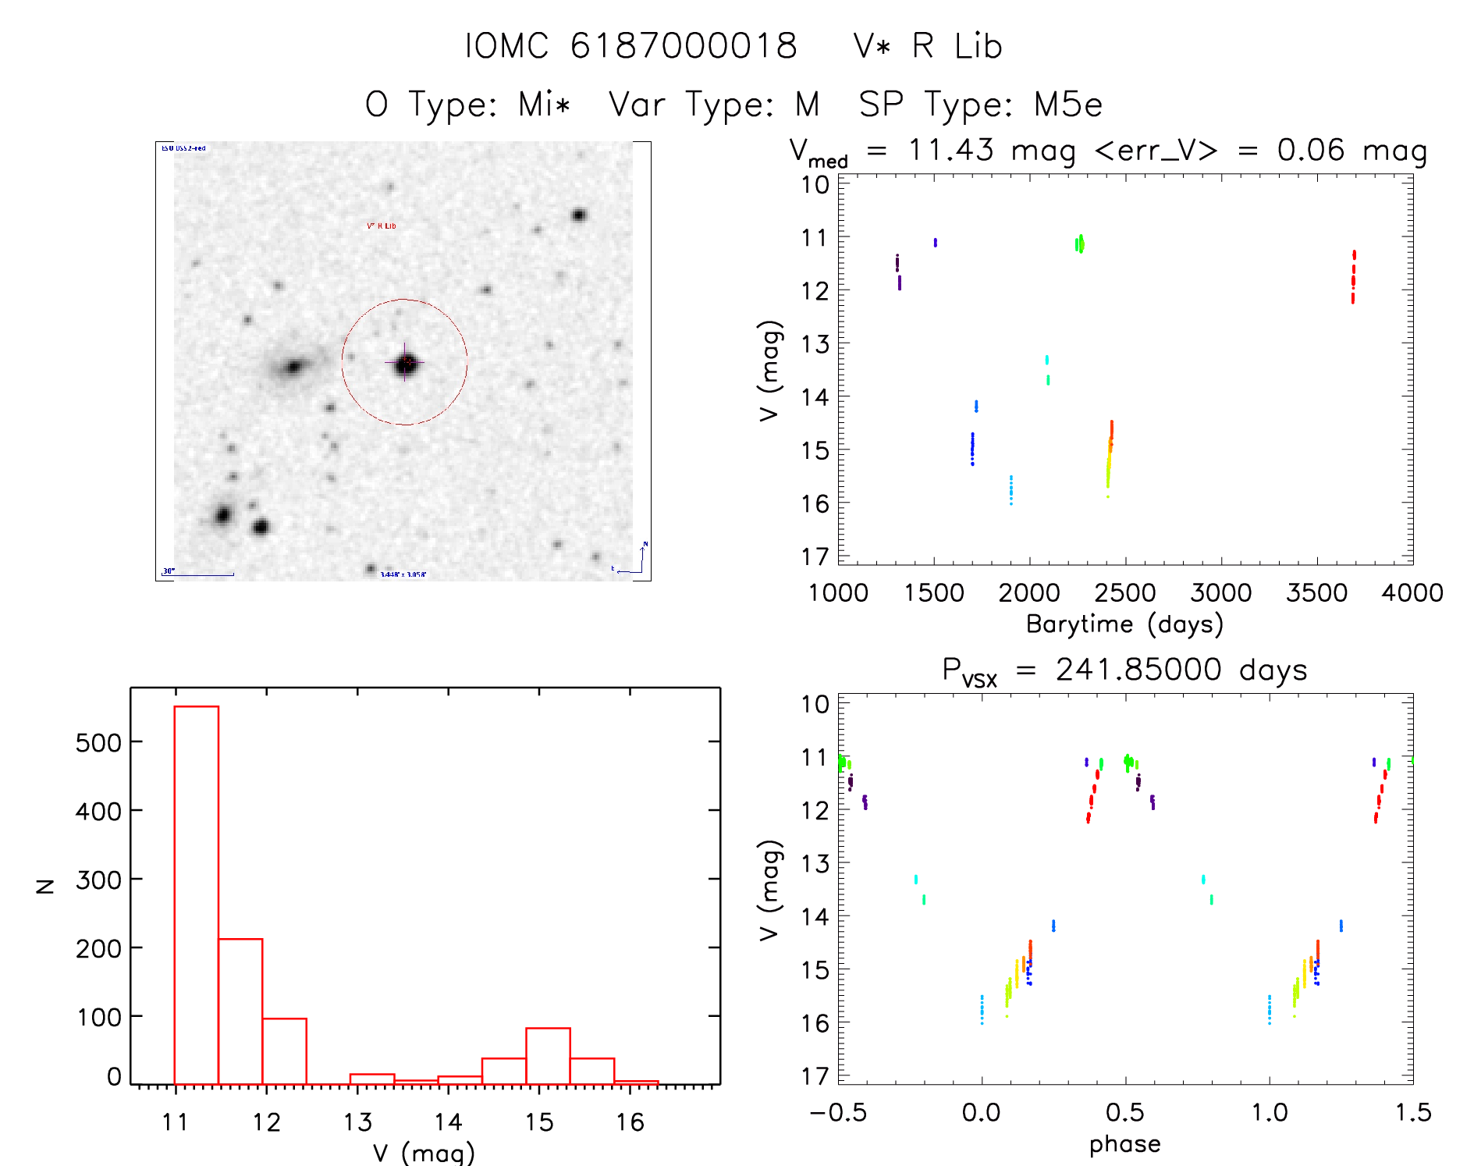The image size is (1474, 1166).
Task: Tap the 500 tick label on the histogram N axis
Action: pyautogui.click(x=98, y=742)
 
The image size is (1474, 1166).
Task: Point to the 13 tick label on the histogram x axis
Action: pyautogui.click(x=357, y=1122)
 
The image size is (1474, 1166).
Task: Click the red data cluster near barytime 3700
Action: pyautogui.click(x=1353, y=277)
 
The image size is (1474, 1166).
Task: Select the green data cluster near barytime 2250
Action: pyautogui.click(x=1079, y=244)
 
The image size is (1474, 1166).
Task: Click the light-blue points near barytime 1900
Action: pyautogui.click(x=1010, y=490)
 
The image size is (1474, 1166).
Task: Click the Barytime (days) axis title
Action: pyautogui.click(x=1124, y=624)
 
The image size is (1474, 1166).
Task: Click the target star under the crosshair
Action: pyautogui.click(x=406, y=364)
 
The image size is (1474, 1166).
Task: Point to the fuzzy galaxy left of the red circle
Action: pyautogui.click(x=293, y=366)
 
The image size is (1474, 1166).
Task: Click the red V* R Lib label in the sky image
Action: pyautogui.click(x=382, y=226)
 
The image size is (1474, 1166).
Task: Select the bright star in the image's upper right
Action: pyautogui.click(x=578, y=215)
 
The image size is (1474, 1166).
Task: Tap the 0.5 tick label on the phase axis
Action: pyautogui.click(x=1124, y=1112)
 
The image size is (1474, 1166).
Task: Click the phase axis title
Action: pyautogui.click(x=1124, y=1144)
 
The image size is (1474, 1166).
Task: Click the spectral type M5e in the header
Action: pyautogui.click(x=1068, y=105)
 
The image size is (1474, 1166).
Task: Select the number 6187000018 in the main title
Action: pyautogui.click(x=684, y=46)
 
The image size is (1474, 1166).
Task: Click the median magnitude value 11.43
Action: pyautogui.click(x=950, y=150)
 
